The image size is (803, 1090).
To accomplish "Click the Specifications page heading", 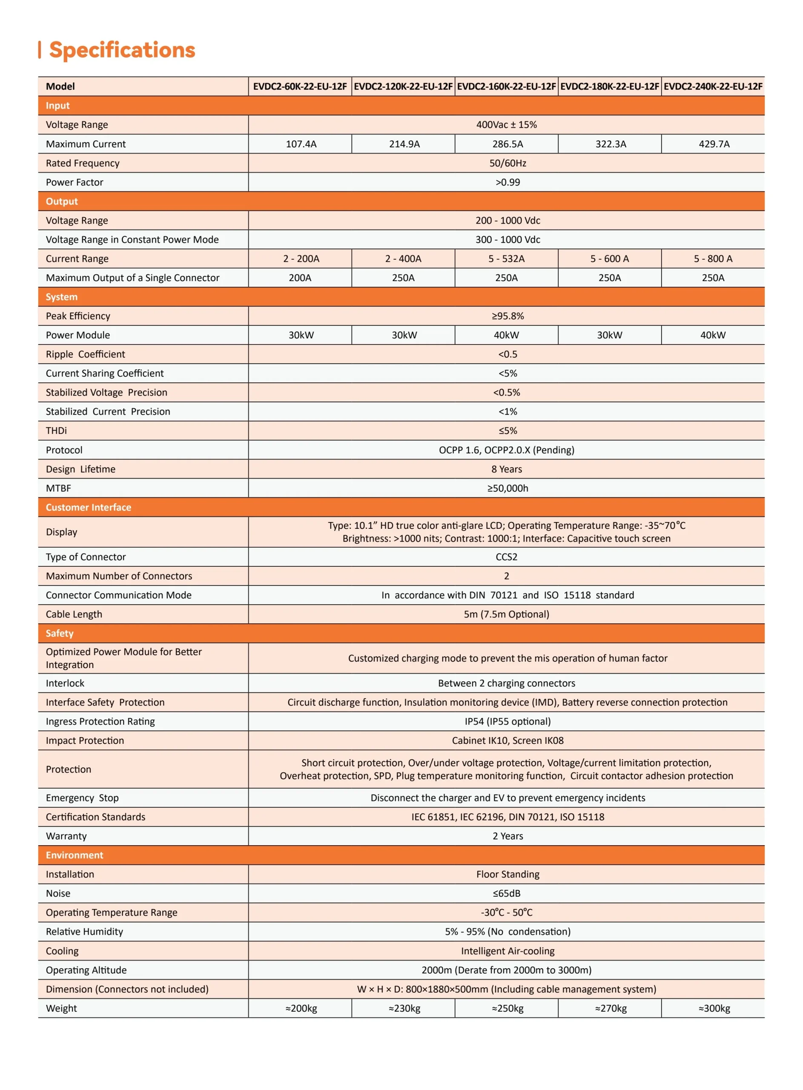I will [122, 50].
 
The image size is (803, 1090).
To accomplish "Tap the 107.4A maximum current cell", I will [301, 144].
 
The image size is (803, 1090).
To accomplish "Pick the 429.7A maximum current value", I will [714, 144].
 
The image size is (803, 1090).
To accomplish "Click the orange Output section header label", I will [62, 201].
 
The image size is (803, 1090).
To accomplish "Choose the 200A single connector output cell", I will [300, 278].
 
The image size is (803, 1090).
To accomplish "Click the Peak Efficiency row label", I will [78, 316].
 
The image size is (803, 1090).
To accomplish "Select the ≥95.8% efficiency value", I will [508, 316].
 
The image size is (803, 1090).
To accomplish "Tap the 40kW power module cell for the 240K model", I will [713, 335].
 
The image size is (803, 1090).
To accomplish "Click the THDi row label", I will [56, 430].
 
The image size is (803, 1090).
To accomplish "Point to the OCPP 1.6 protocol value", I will [507, 450].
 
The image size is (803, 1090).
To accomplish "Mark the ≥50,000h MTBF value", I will [508, 488].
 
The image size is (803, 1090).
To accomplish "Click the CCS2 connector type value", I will [507, 557].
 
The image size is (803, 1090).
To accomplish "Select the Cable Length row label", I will [74, 614].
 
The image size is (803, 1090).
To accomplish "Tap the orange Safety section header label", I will [59, 633].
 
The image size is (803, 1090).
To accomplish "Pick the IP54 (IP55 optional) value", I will [508, 721].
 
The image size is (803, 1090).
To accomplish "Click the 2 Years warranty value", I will [508, 836].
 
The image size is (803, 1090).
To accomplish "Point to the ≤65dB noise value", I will [507, 893].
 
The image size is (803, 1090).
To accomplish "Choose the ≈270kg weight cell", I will [611, 1008].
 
